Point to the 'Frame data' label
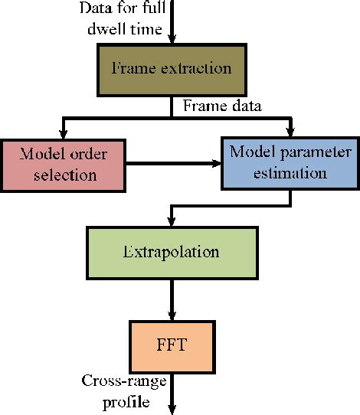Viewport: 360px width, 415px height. click(220, 106)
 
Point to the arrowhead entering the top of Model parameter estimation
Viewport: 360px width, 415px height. click(289, 132)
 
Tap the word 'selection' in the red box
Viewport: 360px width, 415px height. click(64, 175)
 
